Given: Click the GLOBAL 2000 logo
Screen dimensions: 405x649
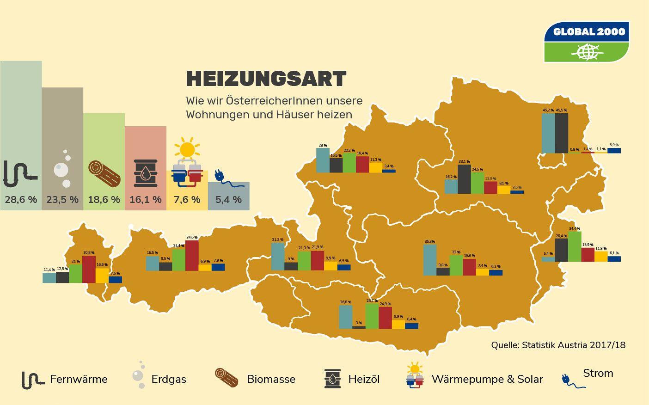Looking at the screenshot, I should coord(587,42).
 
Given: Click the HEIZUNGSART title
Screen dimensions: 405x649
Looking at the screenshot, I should coord(266,79).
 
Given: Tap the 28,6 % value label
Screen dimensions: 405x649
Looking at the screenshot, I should coord(21,200).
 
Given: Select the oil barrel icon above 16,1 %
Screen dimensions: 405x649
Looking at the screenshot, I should coord(146,173).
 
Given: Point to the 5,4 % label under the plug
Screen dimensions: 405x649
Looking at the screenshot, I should coord(228,200).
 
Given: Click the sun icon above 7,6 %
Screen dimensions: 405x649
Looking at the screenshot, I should coord(187,149).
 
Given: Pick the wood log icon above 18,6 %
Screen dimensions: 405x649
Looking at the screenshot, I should coord(104,173).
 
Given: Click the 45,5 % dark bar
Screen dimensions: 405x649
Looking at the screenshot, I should coord(562,133).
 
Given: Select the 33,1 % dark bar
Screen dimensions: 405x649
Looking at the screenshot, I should coord(464,179).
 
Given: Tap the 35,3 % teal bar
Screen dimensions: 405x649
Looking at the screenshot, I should coord(430,260).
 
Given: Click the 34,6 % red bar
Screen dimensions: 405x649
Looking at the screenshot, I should coord(192,255).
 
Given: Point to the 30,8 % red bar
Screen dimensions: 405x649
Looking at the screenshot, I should coord(89,269).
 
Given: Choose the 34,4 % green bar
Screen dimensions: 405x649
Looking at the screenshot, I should coord(575,246).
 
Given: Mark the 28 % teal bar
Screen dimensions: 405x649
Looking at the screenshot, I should coord(323,160).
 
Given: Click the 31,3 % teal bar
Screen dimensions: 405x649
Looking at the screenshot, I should coord(278,256).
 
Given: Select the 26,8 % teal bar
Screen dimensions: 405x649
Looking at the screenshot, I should coord(345,317).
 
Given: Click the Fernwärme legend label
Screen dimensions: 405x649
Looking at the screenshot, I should coord(79,379).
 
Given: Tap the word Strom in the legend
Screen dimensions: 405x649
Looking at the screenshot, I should coord(598,373).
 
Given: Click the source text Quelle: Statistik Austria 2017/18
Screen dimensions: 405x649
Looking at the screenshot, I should coord(558,345).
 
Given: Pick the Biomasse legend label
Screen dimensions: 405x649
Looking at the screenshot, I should coord(271,379).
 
